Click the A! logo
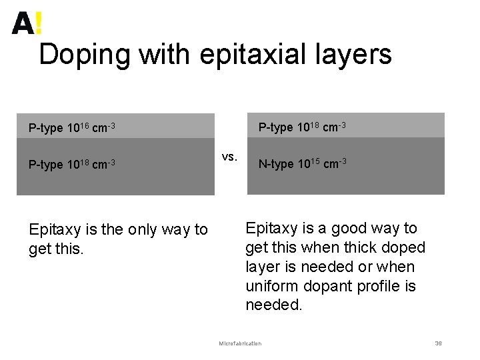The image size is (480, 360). click(x=27, y=23)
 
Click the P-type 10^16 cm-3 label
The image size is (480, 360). click(x=72, y=127)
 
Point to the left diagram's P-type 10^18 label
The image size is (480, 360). click(x=72, y=164)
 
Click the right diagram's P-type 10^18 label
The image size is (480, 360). click(x=302, y=127)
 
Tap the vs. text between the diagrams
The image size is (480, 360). click(x=229, y=157)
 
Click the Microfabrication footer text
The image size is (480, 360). click(x=240, y=343)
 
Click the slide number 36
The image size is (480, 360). click(x=438, y=343)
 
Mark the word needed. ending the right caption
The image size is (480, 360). click(x=274, y=305)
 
